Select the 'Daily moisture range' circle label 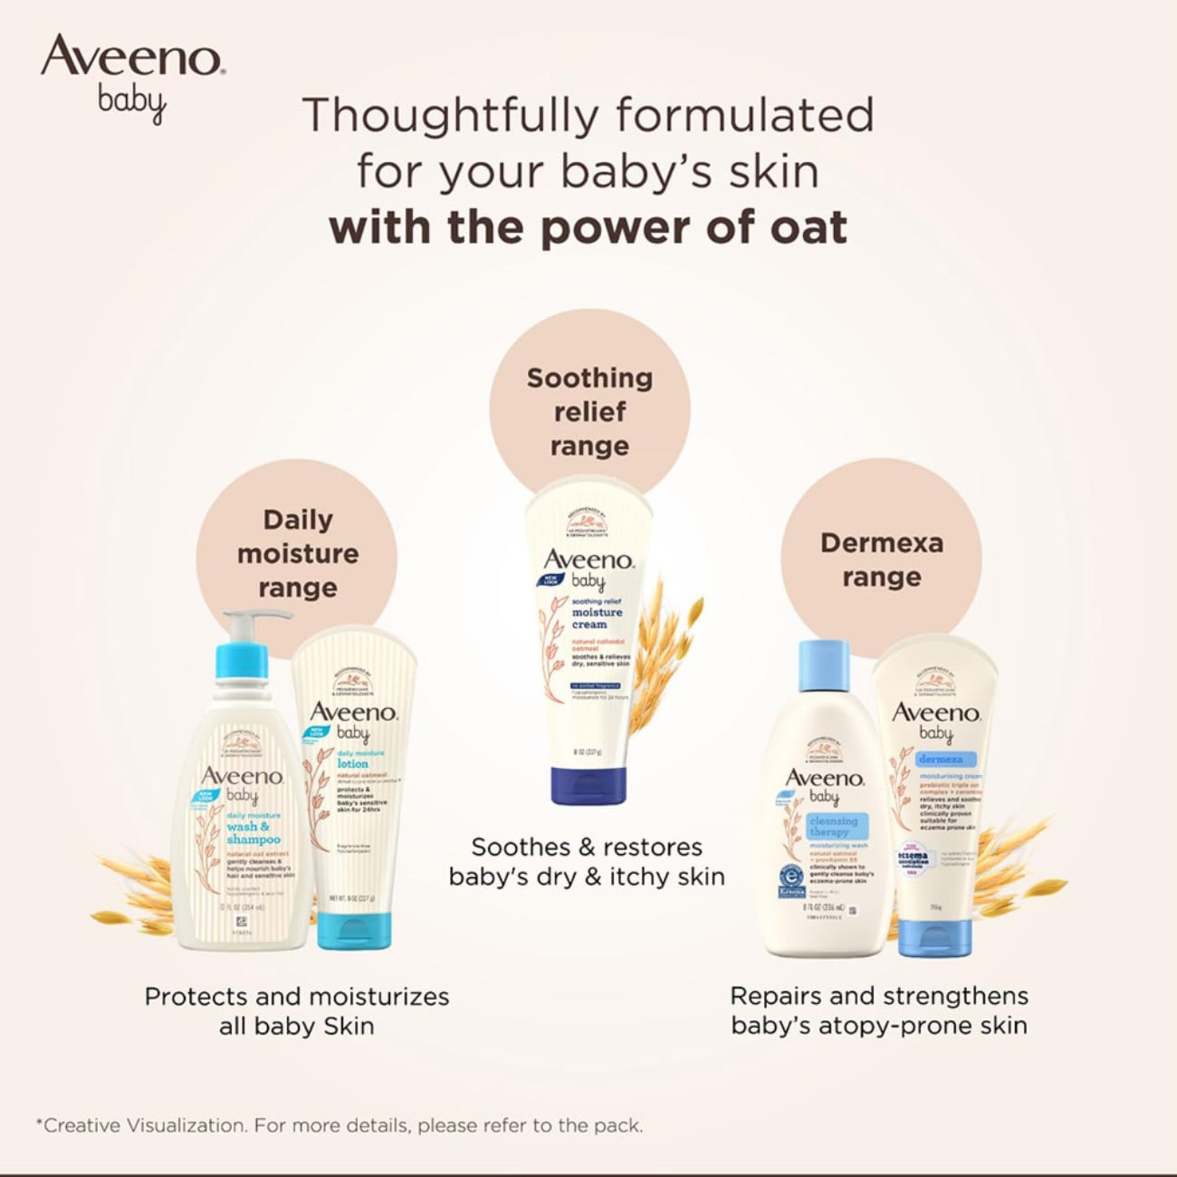[298, 554]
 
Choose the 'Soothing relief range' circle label [590, 412]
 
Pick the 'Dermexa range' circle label [882, 560]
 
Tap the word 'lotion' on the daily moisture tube [352, 763]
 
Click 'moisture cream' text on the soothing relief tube [588, 618]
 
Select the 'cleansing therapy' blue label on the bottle [833, 826]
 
